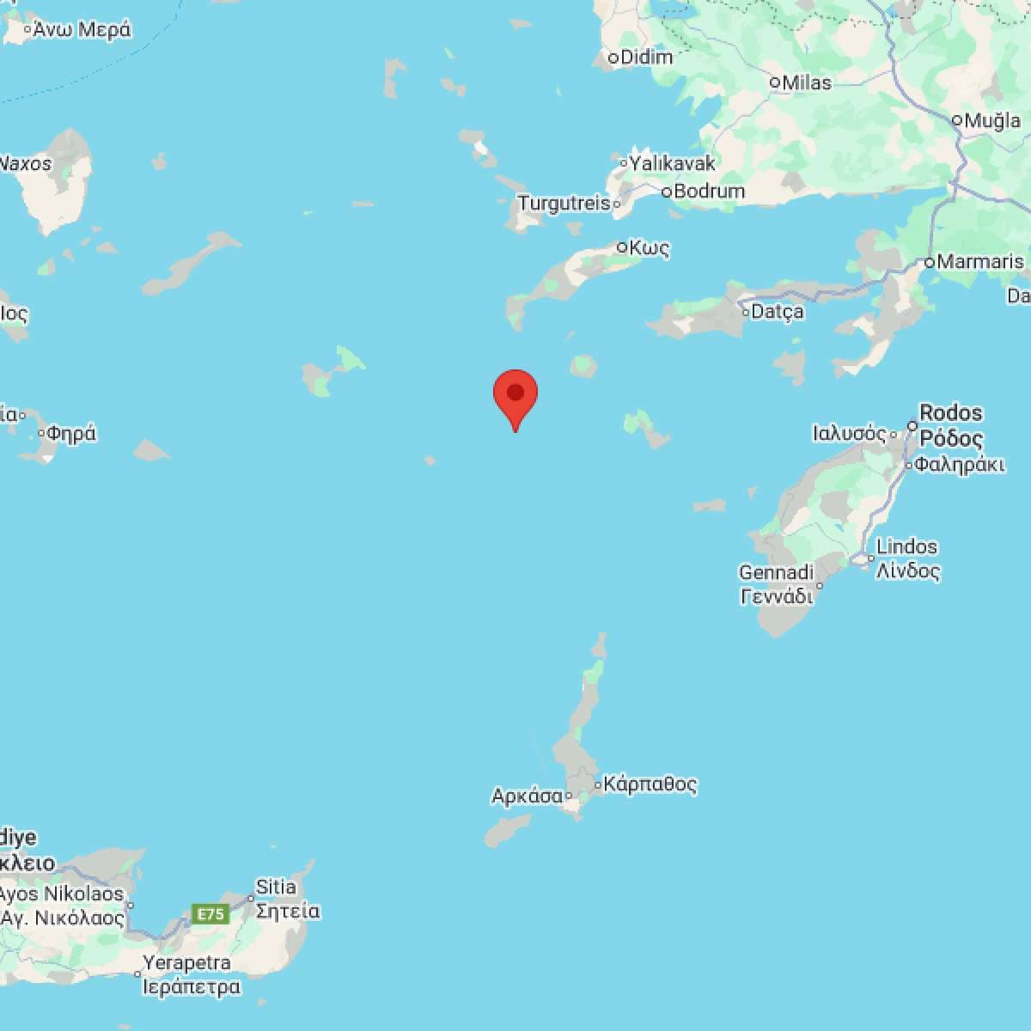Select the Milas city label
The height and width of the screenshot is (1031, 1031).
[806, 82]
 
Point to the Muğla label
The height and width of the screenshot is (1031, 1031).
[992, 120]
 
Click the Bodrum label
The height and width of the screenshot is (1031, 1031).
[709, 191]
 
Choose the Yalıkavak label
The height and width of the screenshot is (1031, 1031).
[672, 162]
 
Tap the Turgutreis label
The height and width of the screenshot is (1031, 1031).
[564, 204]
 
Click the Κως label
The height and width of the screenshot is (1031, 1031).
[649, 247]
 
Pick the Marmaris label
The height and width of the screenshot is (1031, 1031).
[980, 261]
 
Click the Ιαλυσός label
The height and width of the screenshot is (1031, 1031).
[849, 434]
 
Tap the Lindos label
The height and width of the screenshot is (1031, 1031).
[907, 546]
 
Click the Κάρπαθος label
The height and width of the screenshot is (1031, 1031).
[650, 784]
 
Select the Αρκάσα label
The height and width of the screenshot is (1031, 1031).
[527, 796]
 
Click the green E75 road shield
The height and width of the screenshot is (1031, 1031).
[210, 914]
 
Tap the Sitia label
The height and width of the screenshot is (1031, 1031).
[276, 887]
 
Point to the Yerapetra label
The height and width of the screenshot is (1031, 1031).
[186, 962]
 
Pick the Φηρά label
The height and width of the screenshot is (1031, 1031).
[71, 434]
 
